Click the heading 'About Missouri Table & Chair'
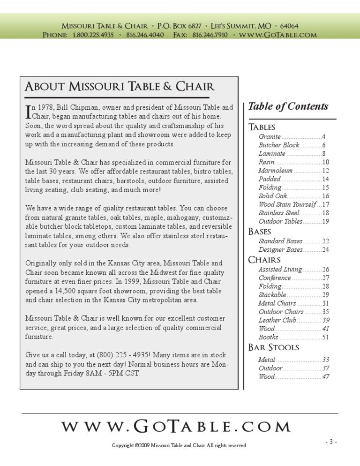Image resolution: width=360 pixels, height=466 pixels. pos(120,87)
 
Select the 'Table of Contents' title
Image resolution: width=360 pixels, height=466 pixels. pos(288,106)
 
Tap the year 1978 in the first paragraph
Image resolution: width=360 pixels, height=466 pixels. pos(45,108)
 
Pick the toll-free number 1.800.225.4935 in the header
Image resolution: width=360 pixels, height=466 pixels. pos(93,35)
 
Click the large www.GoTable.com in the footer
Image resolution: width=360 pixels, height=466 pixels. pos(176,427)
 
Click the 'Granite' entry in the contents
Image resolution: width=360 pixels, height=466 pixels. pos(270,137)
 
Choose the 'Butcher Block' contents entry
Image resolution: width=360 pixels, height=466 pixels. pos(278,145)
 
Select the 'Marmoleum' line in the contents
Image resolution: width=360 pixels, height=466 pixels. pos(275,171)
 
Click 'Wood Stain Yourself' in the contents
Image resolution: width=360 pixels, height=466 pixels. pos(287,204)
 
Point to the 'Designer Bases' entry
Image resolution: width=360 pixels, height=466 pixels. pos(280,250)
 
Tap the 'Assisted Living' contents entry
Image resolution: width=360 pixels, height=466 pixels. pos(280,270)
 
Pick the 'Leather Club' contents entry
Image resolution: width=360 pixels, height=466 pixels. pos(277,320)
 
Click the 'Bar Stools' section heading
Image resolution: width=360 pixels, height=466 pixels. pos(273,347)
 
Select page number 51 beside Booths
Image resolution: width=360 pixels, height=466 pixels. pos(325,337)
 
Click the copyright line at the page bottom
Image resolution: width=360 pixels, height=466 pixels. pos(180,445)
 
